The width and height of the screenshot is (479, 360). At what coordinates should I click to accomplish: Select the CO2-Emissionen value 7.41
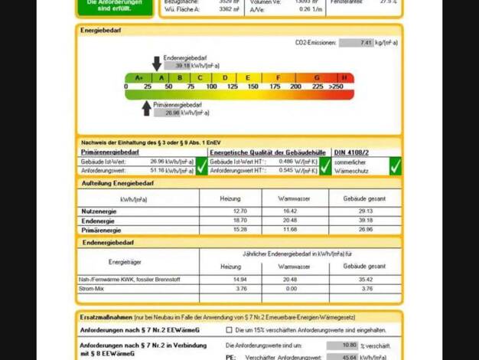click(x=356, y=44)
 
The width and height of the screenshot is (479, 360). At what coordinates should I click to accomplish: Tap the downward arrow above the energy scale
click(x=157, y=63)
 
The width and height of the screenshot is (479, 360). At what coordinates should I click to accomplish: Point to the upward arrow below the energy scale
click(x=147, y=108)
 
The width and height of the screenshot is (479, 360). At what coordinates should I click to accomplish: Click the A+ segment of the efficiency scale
click(x=139, y=77)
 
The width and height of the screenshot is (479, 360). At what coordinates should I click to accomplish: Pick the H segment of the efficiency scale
click(x=344, y=77)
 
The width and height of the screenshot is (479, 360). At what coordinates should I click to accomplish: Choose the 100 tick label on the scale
click(x=210, y=87)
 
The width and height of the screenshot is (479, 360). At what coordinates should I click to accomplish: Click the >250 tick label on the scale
click(x=336, y=87)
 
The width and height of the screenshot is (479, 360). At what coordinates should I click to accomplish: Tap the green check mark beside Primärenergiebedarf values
click(x=202, y=165)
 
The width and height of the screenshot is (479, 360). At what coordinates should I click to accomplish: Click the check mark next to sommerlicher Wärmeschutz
click(x=395, y=165)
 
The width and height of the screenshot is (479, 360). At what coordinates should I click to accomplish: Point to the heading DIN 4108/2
click(x=351, y=152)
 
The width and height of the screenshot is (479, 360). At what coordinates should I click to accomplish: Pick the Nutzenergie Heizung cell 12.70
click(x=239, y=211)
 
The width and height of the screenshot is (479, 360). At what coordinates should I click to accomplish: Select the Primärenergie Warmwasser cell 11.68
click(x=289, y=230)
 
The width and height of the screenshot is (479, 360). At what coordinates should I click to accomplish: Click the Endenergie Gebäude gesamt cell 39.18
click(x=365, y=220)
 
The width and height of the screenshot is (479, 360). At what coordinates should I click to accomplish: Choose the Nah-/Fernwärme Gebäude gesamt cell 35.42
click(x=365, y=280)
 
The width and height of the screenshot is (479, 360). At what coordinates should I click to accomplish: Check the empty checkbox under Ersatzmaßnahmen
click(x=229, y=330)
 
